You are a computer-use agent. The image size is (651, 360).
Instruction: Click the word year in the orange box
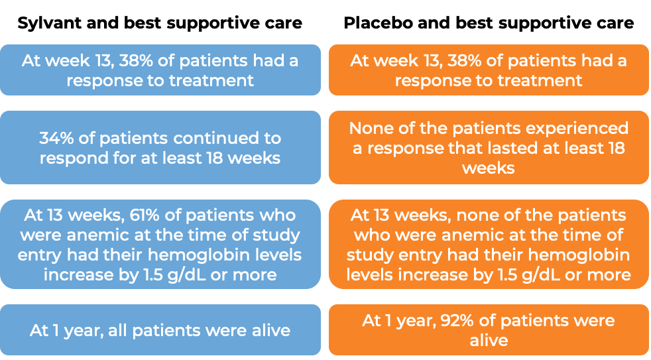(415, 322)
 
